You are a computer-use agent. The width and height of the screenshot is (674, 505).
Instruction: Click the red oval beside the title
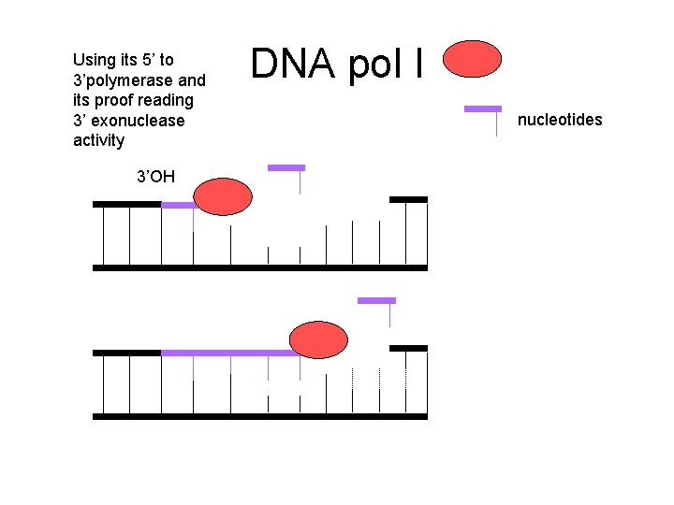click(x=472, y=59)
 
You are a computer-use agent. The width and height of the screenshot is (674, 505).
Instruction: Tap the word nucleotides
click(x=560, y=120)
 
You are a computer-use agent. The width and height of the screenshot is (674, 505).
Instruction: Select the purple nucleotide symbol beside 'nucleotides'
click(x=483, y=109)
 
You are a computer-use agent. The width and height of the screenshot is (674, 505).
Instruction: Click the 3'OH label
click(x=155, y=176)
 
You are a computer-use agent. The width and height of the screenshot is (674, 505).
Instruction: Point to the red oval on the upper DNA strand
click(x=224, y=197)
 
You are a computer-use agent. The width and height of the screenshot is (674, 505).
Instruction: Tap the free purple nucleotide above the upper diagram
click(x=286, y=168)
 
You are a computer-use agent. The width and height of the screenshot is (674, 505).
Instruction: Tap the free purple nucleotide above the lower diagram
click(x=376, y=301)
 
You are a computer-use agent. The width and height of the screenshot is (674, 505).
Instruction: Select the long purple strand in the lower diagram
click(x=229, y=353)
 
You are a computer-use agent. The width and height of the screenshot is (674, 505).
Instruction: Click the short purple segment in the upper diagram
click(x=178, y=204)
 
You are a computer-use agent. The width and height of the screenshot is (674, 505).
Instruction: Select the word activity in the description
click(x=98, y=140)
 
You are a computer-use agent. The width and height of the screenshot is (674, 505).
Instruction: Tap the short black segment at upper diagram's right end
click(x=408, y=199)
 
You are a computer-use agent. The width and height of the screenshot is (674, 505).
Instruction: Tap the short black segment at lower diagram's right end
click(x=408, y=348)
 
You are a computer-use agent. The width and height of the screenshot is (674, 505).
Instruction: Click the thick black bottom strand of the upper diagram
click(x=260, y=268)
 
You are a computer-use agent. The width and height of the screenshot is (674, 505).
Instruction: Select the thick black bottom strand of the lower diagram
click(x=260, y=416)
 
